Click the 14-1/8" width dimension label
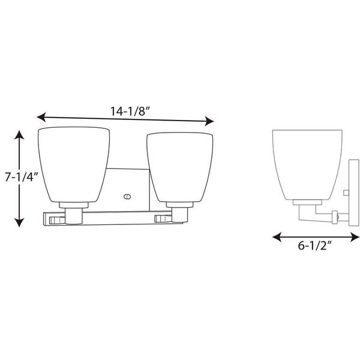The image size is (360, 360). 130,112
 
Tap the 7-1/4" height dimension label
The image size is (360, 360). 22,177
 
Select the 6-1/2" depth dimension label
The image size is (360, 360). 315,245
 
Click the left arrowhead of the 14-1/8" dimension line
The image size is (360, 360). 41,117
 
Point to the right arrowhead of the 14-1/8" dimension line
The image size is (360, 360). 209,121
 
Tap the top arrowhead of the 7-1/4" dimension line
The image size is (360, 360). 19,135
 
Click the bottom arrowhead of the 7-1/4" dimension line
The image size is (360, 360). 19,223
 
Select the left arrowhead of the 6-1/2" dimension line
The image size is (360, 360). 277,237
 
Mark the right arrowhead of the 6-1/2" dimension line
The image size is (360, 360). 355,237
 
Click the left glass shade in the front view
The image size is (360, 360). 74,164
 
